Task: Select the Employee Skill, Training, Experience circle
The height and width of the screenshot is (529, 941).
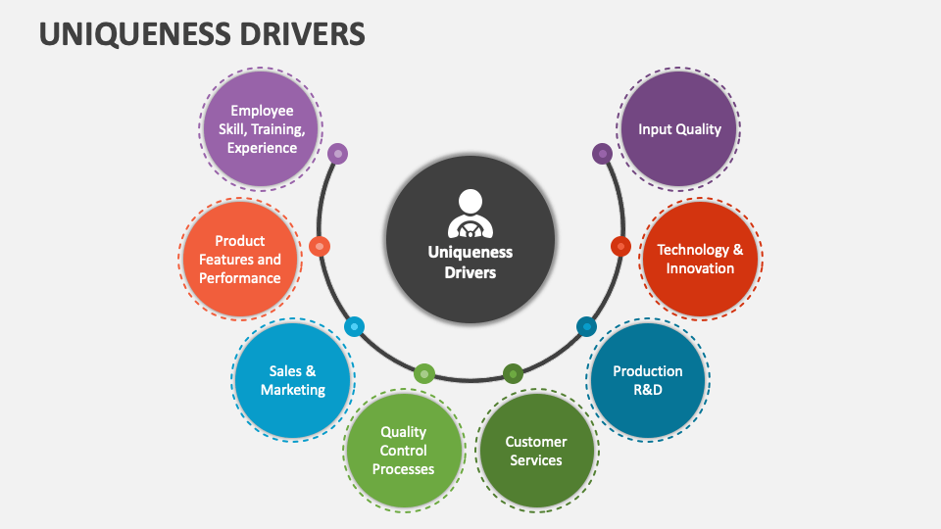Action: pos(262,129)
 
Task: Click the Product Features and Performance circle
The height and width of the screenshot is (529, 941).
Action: pos(240,260)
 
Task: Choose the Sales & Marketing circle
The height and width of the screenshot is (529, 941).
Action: pos(292,380)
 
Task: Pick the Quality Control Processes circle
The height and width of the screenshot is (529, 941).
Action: pos(403,451)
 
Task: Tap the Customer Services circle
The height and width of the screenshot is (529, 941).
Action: pos(535,451)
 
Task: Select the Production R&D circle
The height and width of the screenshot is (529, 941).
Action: pos(647,380)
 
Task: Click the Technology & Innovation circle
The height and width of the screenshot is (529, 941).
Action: pos(700,260)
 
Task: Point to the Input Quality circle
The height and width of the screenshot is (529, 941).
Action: pos(679,129)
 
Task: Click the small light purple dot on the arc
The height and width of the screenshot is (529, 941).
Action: pos(337,154)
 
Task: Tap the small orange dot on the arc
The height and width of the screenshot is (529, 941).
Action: pos(320,246)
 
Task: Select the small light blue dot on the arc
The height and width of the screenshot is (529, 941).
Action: pos(355,326)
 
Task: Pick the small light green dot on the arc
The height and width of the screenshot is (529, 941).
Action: pos(424,373)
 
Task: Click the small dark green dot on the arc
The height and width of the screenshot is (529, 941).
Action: pos(514,373)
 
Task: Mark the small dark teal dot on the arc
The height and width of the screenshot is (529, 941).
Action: pos(586,326)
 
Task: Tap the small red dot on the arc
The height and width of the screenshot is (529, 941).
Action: pos(620,246)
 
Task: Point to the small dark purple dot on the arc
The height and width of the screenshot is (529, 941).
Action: pos(603,154)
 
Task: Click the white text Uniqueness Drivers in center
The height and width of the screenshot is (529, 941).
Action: pos(470,262)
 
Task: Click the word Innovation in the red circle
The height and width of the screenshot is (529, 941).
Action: pos(700,269)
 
